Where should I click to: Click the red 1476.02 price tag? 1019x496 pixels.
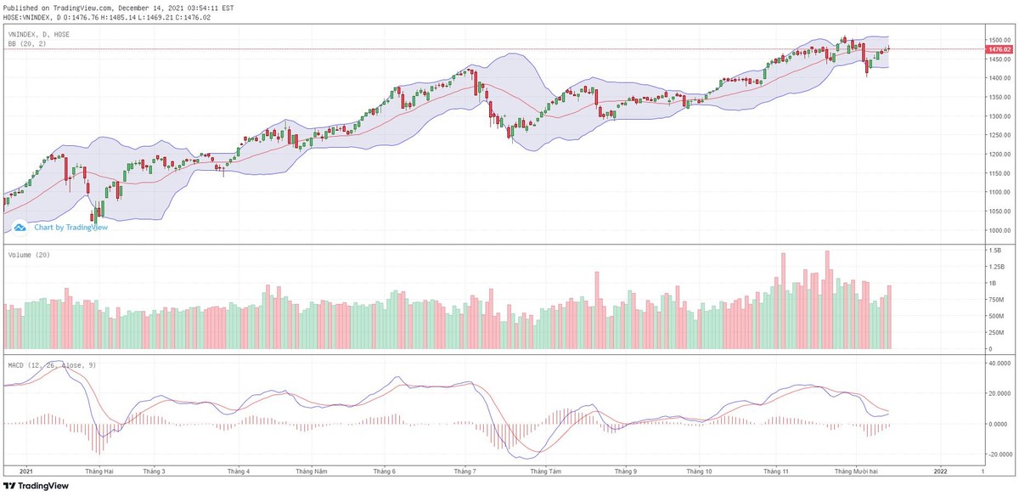[998, 49]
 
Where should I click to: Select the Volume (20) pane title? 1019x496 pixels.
[26, 254]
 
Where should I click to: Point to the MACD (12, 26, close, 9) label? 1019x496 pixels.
[51, 364]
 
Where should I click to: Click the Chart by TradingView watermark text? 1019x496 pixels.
[70, 228]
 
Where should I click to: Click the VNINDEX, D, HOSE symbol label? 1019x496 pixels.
[39, 34]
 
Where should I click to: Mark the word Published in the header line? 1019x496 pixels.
[20, 8]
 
